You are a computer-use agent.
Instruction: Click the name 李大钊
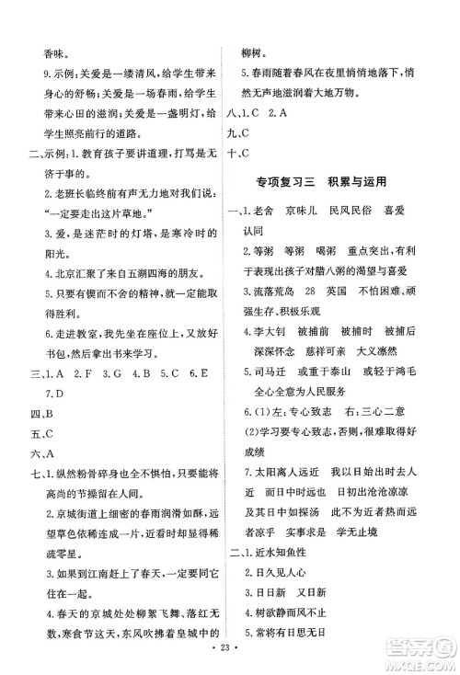[x=264, y=350]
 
